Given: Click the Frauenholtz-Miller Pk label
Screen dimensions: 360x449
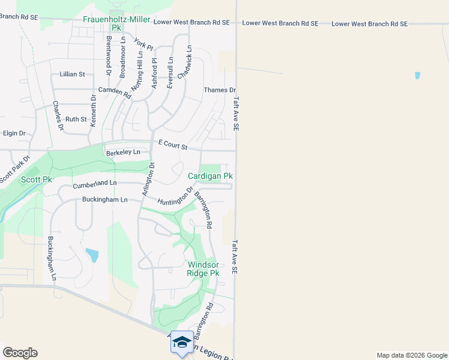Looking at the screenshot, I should click(x=116, y=23).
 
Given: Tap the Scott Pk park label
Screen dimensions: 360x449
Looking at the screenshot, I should click(x=37, y=179).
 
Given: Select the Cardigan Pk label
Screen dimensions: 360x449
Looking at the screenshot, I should click(x=210, y=176).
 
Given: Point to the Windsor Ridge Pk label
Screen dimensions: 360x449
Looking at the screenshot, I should click(x=203, y=268).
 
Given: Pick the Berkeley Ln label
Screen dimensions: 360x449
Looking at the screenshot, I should click(x=123, y=152).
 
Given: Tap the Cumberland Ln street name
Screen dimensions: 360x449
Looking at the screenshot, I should click(x=95, y=183).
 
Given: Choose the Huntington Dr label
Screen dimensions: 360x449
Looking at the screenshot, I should click(x=175, y=197).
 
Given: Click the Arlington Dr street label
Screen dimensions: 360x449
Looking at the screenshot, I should click(x=148, y=178).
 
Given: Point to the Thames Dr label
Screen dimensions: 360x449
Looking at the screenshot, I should click(x=220, y=90).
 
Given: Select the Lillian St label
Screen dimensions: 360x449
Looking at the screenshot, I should click(x=73, y=74).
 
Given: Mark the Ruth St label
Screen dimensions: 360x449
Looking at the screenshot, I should click(x=76, y=119).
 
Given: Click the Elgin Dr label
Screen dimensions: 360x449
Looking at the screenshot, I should click(x=14, y=133).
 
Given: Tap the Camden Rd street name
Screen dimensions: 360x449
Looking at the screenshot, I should click(x=115, y=92).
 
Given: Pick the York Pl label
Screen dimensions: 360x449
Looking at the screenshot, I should click(x=144, y=44).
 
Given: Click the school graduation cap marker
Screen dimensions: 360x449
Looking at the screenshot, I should click(x=182, y=342).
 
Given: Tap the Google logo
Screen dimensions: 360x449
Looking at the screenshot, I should click(x=20, y=353).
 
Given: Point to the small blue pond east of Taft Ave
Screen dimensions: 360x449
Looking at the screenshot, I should click(x=417, y=76).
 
